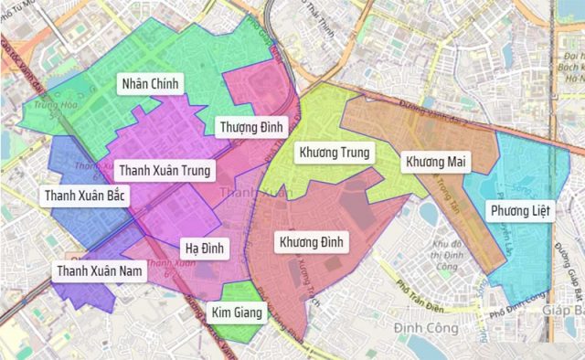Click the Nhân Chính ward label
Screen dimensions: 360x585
[151, 84]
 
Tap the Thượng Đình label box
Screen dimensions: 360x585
[252, 126]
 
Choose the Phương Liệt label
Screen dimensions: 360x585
[520, 212]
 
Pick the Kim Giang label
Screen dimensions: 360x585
[237, 313]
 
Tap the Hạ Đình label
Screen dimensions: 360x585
[203, 248]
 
